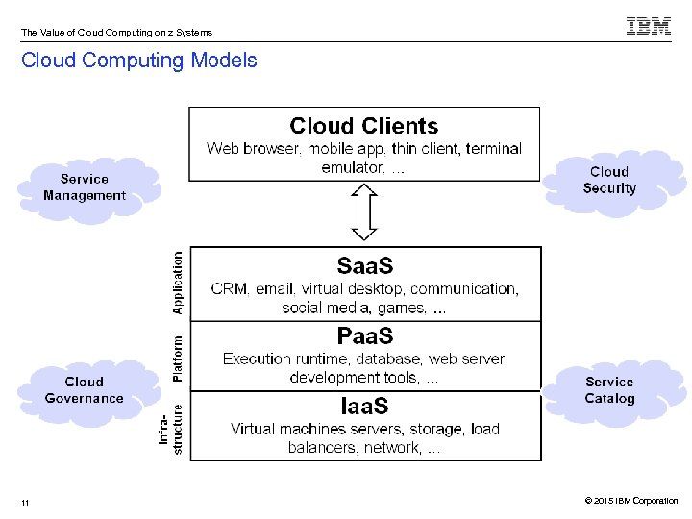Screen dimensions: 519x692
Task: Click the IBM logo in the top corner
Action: point(648,27)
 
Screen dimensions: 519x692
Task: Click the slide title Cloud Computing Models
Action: point(139,61)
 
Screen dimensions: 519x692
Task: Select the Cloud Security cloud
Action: point(609,180)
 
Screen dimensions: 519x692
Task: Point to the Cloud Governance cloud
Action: point(84,390)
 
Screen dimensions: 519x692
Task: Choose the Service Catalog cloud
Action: point(609,390)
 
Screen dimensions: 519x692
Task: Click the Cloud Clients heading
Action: point(363,126)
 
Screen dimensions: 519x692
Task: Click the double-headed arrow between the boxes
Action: point(363,213)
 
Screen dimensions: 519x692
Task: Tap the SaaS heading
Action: point(364,265)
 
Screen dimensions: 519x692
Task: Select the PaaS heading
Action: point(364,336)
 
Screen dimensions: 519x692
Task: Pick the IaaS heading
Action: point(364,406)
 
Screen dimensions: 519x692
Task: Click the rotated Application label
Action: point(177,284)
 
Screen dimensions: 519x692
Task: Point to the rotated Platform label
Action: point(177,357)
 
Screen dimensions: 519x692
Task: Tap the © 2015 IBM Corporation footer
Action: point(630,501)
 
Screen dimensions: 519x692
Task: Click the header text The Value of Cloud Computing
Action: point(116,33)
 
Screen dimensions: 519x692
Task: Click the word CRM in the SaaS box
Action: point(230,289)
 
